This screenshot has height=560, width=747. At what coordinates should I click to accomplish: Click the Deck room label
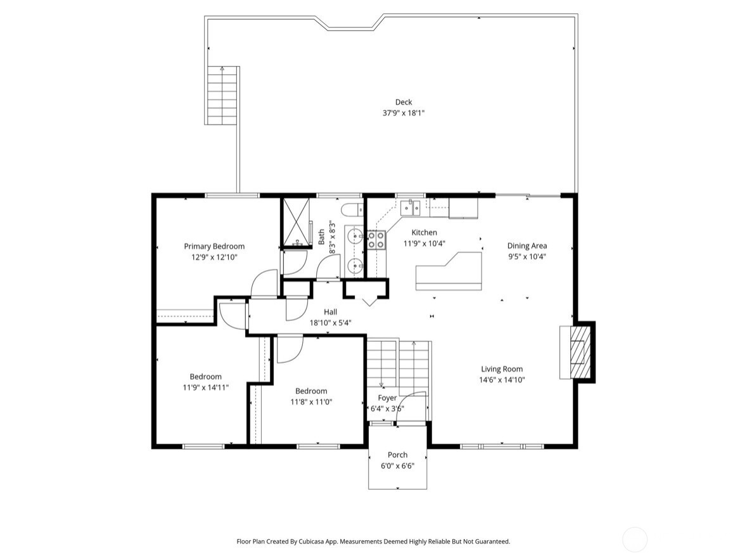tap(404, 101)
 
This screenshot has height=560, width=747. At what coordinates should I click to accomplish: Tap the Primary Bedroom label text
tap(214, 246)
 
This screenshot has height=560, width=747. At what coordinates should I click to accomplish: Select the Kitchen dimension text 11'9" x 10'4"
tap(424, 244)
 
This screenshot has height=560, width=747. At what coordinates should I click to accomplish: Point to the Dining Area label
tap(527, 245)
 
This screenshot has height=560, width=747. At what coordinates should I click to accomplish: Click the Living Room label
tap(502, 368)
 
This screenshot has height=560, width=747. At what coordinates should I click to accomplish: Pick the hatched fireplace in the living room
tap(579, 352)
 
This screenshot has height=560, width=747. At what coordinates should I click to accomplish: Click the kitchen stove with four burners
tap(376, 240)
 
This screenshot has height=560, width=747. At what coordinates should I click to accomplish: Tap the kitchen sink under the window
tap(410, 207)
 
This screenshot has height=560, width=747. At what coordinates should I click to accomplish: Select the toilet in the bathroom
tap(352, 209)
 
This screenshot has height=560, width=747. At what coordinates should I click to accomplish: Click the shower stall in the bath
tap(296, 222)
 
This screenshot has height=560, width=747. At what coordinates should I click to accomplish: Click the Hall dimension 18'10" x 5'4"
tap(331, 322)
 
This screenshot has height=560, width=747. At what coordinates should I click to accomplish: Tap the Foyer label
tap(387, 398)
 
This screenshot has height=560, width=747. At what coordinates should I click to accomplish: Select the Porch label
tap(397, 455)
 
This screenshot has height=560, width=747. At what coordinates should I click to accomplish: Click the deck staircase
tap(222, 95)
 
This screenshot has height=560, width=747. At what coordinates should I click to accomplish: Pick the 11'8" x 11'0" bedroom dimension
tap(311, 401)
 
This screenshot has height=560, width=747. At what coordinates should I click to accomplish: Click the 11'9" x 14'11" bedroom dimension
tap(206, 387)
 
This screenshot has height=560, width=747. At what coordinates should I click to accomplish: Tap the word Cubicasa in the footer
tap(314, 542)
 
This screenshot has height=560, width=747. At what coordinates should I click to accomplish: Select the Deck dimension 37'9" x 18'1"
tap(404, 113)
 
